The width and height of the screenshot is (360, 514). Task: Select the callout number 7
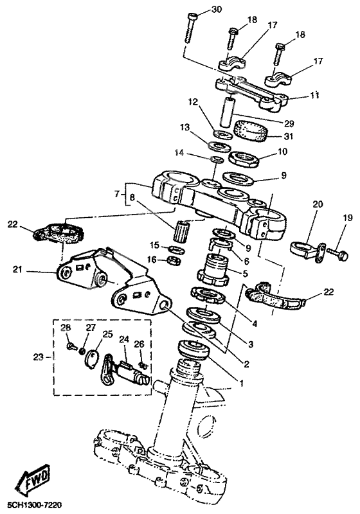(116, 193)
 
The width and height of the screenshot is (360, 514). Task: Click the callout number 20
(316, 204)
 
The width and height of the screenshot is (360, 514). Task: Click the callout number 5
(244, 273)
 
